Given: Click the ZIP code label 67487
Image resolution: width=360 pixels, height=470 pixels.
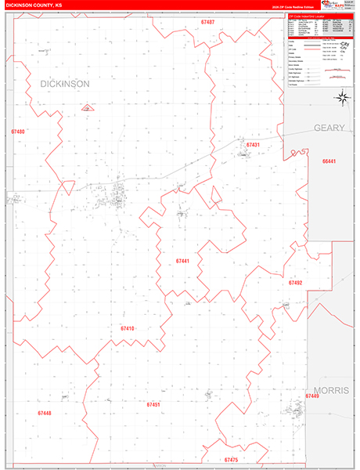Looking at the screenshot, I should pos(207,23).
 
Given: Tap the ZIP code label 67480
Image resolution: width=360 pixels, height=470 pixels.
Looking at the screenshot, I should pos(17,132).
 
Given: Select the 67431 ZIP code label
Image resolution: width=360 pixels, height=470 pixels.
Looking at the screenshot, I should pos(252,145).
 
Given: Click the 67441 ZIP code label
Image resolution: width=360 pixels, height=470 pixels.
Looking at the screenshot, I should pos(183,261).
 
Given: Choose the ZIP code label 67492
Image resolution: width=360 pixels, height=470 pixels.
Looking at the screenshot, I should pos(295,282).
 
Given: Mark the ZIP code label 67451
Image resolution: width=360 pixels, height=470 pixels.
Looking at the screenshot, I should pos(153,405).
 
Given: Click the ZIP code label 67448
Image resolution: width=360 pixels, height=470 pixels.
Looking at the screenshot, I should pos(44,412).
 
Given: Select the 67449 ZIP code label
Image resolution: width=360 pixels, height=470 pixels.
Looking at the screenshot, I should pos(312,397).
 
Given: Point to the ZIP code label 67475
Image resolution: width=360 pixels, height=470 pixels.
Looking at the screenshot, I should pos(231,460).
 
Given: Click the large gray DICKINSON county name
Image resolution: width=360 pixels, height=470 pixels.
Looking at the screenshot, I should pos(65,83).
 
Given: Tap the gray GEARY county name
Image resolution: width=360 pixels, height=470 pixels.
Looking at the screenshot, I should pos(329,127).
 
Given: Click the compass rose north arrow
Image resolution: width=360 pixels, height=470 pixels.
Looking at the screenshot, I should pos(342,98).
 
